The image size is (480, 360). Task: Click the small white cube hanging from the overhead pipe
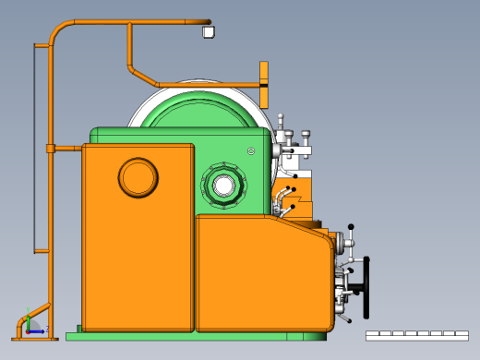click(208, 32)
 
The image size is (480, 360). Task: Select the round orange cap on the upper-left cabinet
click(138, 177)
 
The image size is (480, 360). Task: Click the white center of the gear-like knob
click(223, 185)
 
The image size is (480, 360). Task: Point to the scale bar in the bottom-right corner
click(416, 335)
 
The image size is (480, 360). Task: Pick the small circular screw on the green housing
click(250, 151)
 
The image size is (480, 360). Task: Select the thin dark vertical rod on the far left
click(34, 148)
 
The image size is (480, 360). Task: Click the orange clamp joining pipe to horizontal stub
click(50, 148)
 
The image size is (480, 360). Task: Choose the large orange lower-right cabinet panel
click(263, 274)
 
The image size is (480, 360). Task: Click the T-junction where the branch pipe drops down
click(129, 24)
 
